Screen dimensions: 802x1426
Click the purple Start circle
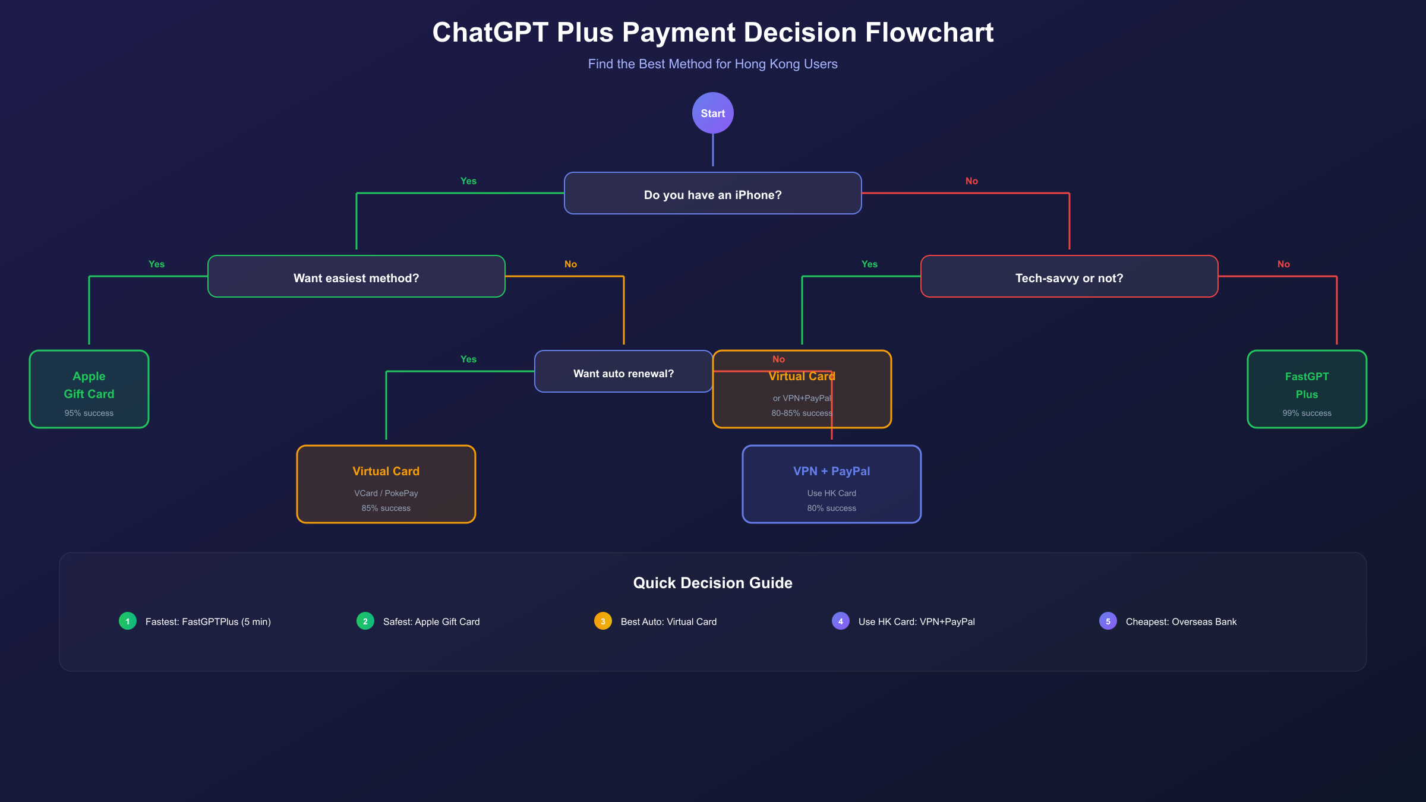[x=712, y=113]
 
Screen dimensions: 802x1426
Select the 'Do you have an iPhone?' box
[x=712, y=194]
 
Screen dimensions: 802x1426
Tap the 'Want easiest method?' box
[x=356, y=277]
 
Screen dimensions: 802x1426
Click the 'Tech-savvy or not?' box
[x=1069, y=277]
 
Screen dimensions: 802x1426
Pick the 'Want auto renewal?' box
[x=623, y=372]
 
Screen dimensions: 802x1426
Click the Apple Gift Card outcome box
[x=89, y=389]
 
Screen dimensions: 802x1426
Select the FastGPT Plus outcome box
[x=1307, y=389]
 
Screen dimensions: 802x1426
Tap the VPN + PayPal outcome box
[x=831, y=485]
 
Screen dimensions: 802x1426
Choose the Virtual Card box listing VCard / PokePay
[x=386, y=485]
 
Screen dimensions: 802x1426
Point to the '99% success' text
[x=1307, y=413]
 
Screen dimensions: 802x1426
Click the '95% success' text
[x=89, y=413]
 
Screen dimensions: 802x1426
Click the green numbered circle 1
[x=128, y=621]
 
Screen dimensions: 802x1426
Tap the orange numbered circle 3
[x=602, y=621]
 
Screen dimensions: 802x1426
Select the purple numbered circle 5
[x=1108, y=621]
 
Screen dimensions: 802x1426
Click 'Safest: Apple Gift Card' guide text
[x=431, y=622]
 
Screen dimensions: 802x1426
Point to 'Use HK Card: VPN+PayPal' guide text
[x=916, y=622]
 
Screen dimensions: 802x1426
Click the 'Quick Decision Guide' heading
[x=712, y=583]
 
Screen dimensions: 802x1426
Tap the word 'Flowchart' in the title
[x=929, y=33]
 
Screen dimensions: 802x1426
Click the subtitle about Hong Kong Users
[x=712, y=64]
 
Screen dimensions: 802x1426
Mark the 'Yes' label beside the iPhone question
[x=468, y=181]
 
